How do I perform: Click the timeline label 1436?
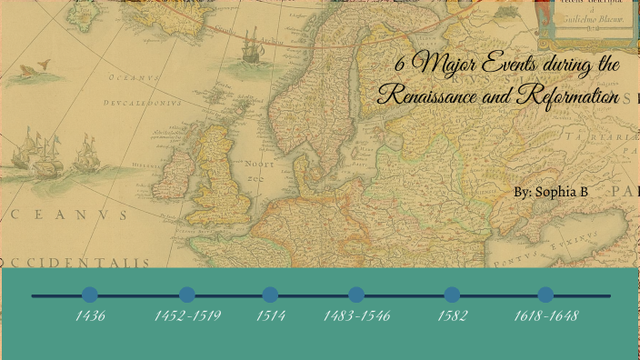90,316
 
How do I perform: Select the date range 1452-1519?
187,316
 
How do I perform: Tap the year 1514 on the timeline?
270,316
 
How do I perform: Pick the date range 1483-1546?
356,316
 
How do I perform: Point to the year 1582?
452,316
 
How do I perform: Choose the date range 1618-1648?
545,316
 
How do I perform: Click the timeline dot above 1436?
90,295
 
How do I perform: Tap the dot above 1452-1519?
187,295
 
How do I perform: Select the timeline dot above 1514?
270,295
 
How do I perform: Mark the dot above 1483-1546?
356,295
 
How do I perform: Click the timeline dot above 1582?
452,295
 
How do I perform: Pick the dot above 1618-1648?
545,295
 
